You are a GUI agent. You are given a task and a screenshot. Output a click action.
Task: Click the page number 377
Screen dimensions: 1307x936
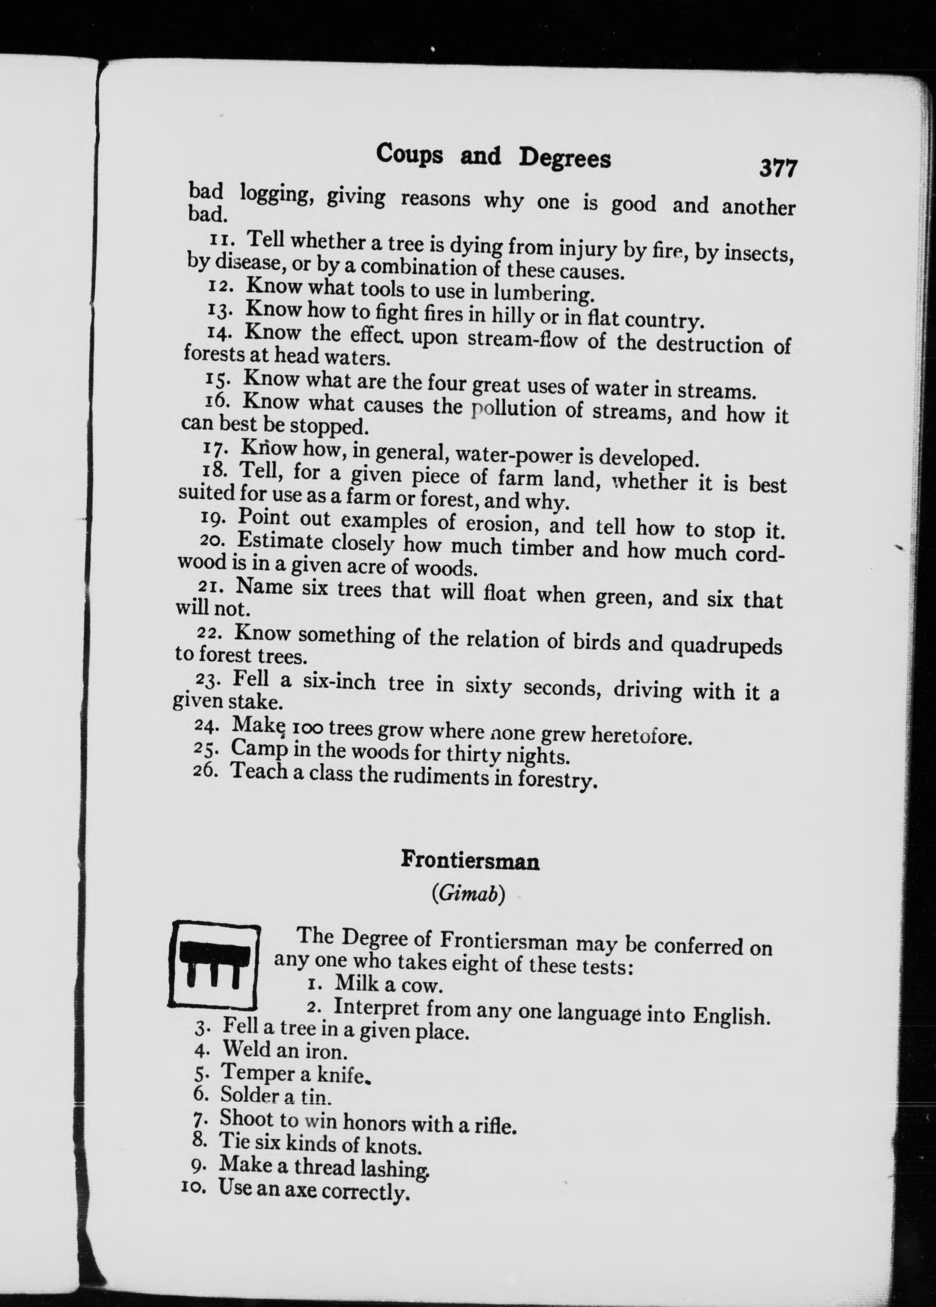(x=777, y=169)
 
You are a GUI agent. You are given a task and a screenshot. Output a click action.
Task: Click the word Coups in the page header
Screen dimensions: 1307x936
(x=409, y=155)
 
